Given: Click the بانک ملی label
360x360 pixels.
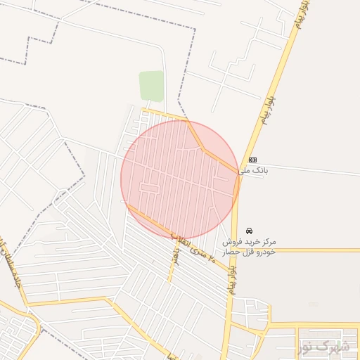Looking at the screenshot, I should tap(253, 170).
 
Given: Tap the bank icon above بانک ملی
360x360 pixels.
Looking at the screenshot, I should tap(252, 160).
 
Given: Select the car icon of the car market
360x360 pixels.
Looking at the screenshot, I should tap(250, 230).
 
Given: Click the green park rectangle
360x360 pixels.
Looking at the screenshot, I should tap(151, 86).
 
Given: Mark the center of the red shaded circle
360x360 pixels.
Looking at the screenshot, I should tap(180, 180).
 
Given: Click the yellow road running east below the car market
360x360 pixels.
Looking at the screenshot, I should tap(302, 250).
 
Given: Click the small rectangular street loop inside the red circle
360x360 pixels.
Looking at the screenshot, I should tap(149, 188).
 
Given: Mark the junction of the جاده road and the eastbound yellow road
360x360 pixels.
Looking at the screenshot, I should tap(25, 304).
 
